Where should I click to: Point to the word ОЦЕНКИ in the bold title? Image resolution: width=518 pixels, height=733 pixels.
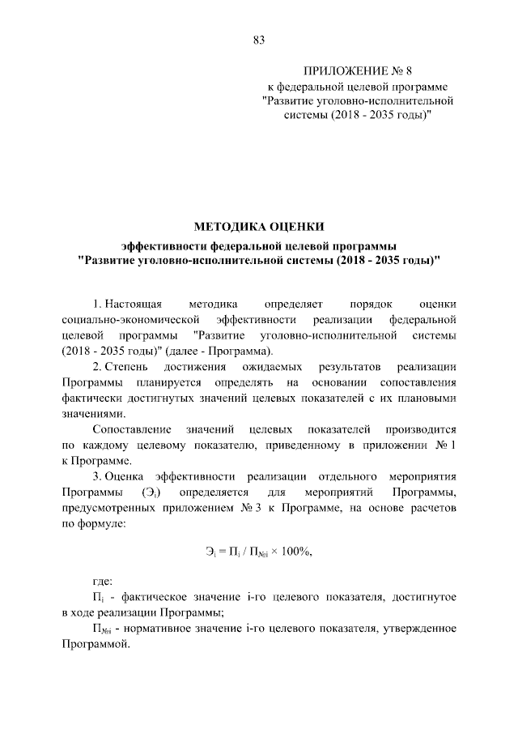click(296, 227)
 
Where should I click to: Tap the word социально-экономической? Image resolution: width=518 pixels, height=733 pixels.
click(130, 320)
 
